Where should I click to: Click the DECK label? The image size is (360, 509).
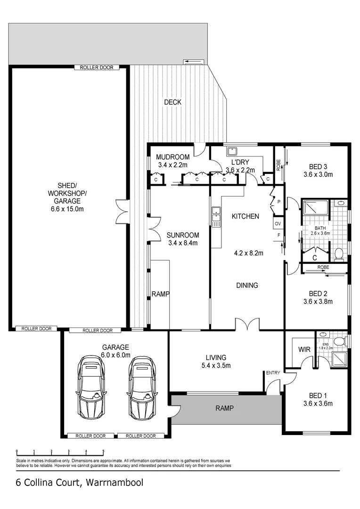click(x=172, y=102)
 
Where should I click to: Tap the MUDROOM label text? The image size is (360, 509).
click(x=172, y=157)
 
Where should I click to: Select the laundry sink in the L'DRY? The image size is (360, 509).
click(x=232, y=151)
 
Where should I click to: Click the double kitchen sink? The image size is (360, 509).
click(x=216, y=216)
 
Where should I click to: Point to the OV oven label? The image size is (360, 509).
click(x=278, y=224)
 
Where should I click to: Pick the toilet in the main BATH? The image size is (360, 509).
click(x=339, y=254)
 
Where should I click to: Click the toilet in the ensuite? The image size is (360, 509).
click(x=340, y=341)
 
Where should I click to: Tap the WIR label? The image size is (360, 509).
click(x=304, y=350)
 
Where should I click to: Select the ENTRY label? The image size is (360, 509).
click(x=273, y=373)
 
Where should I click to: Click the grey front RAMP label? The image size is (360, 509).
click(x=225, y=408)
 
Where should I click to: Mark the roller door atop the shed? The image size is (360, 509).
click(x=97, y=67)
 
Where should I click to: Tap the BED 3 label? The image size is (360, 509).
click(x=318, y=166)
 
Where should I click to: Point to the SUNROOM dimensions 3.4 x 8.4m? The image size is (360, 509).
click(x=183, y=243)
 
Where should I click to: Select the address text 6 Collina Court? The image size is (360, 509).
click(x=49, y=483)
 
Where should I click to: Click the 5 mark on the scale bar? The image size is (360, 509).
click(x=103, y=451)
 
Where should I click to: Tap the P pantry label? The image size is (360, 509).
click(x=279, y=202)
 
